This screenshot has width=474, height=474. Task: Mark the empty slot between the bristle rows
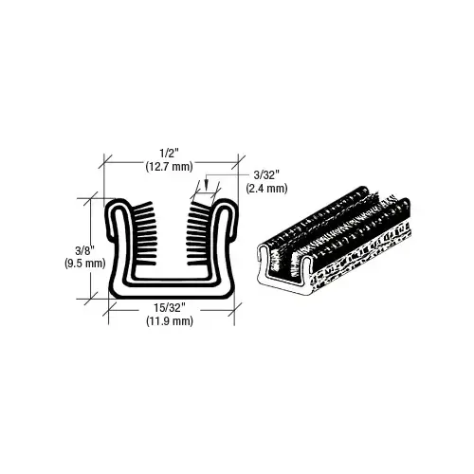click(171, 237)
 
